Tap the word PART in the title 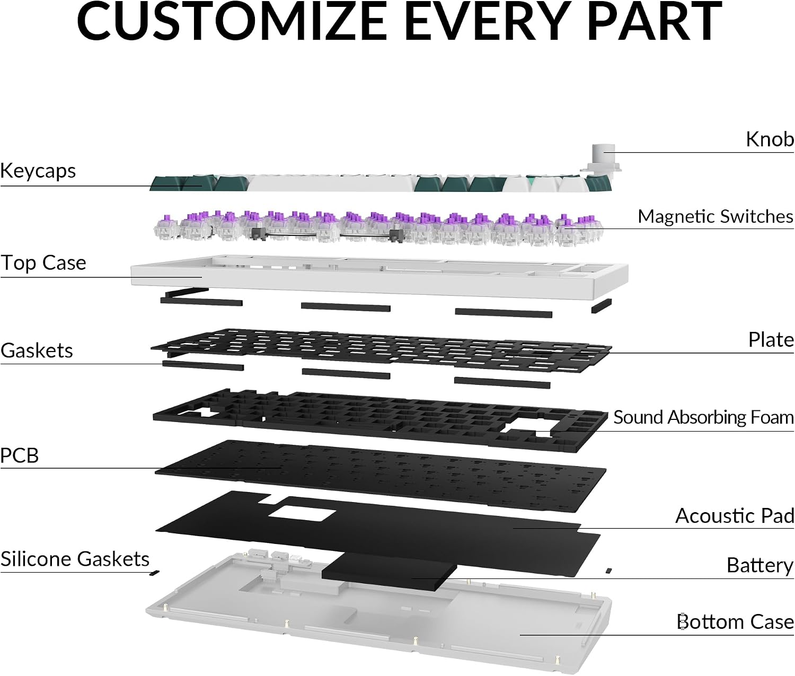coord(650,21)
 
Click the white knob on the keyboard coord(603,159)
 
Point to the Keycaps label coord(38,170)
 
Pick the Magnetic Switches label coord(715,216)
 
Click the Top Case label coord(43,263)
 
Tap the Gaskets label coord(37,350)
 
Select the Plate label coord(771,340)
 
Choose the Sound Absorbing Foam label coord(703,417)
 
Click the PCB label coord(19,455)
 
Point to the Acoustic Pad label coord(735,516)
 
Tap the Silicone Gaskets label coord(75,559)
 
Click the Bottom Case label coord(735,622)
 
